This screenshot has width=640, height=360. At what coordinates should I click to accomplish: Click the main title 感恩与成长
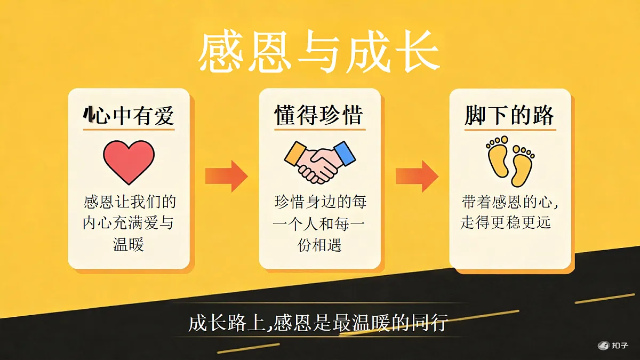pos(319,52)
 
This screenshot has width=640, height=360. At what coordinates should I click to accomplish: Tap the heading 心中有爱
pos(129,115)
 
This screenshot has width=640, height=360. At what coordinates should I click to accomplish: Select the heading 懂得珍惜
pos(319,115)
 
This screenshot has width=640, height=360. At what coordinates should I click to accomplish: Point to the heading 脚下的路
pos(509,115)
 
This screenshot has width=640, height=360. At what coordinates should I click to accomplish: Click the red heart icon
pos(129,162)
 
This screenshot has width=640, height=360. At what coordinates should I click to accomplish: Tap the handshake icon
pos(319,162)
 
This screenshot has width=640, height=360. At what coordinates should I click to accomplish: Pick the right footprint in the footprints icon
pos(522,166)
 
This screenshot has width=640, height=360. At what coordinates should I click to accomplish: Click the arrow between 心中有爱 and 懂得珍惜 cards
pos(226,176)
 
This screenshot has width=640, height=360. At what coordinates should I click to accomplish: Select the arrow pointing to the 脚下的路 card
pos(417,176)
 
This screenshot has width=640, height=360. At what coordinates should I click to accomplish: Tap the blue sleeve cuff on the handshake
pos(345,153)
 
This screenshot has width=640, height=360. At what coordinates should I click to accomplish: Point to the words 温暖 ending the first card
pos(129,244)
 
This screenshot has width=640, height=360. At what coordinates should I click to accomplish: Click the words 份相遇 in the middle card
pos(319,245)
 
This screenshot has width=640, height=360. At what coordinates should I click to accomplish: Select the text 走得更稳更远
pos(505,223)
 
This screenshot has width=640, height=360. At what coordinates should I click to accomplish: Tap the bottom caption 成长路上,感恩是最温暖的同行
pos(318,323)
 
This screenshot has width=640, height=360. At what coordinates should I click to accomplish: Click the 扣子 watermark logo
pos(613,346)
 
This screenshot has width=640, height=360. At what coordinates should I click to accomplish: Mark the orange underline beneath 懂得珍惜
pos(319,130)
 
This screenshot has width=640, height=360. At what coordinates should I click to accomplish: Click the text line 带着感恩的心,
pos(510,202)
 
